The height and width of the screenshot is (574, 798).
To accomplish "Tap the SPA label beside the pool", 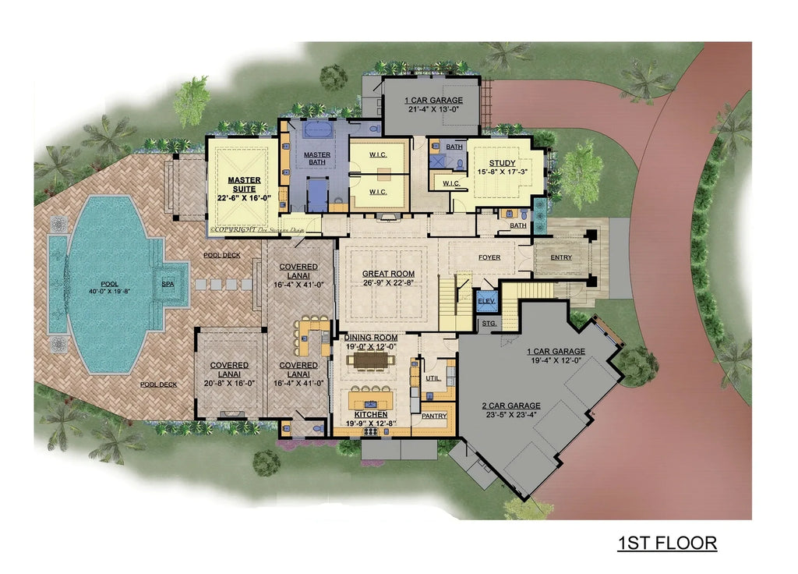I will tap(168, 285).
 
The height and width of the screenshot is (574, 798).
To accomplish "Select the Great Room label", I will tap(388, 274).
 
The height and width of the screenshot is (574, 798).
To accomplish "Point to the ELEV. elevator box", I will tap(486, 300).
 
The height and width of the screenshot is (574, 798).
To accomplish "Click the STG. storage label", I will tap(489, 322).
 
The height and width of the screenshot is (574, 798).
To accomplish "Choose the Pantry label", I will tap(434, 416).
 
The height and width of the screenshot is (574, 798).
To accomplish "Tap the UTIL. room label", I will tap(434, 378).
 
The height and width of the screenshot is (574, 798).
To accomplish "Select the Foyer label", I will tap(489, 257).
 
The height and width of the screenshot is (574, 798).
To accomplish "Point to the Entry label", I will tap(561, 258).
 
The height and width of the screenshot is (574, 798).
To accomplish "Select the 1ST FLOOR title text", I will tap(667, 543).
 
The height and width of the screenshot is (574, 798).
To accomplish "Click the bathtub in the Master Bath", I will tap(316, 129).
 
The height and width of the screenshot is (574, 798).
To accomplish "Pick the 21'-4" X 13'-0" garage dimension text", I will tap(433, 110).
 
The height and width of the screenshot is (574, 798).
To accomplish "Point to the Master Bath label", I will tap(316, 158).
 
